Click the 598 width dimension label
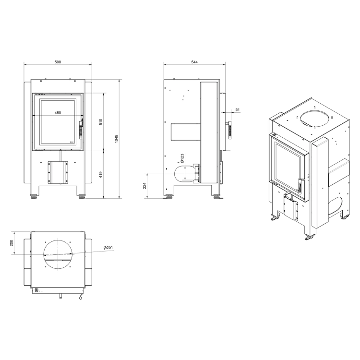pos(58,62)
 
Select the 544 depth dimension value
pos(194,62)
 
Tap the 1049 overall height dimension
pos(117,139)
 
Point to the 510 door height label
pos(101,122)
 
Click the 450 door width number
pos(58,113)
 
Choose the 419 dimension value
pos(101,175)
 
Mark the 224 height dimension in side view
pos(144,185)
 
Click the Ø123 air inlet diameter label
pos(182,158)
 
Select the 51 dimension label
pos(238,110)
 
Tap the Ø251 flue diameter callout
pos(108,248)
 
